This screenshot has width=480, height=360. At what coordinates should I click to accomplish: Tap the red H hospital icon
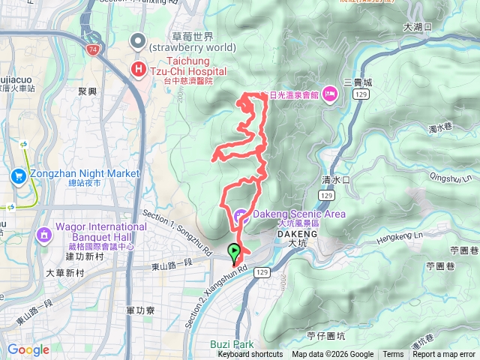pos(139,70)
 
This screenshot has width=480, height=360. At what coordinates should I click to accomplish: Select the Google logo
pos(28,349)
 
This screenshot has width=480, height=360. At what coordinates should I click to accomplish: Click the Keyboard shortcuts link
pos(251,355)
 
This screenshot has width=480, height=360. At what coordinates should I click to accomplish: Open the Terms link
pos(393,355)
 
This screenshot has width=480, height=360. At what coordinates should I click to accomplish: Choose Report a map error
pos(444,355)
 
